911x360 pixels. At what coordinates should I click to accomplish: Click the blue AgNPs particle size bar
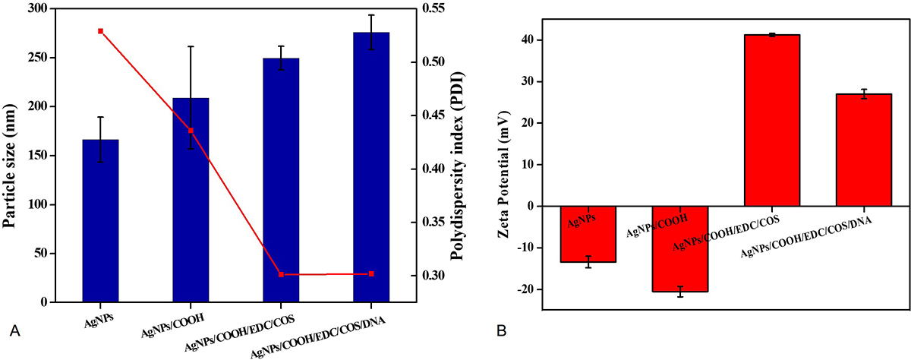click(x=100, y=220)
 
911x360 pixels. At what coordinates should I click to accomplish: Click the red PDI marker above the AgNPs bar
click(x=100, y=31)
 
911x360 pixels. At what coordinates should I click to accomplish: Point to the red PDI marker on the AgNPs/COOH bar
click(x=191, y=131)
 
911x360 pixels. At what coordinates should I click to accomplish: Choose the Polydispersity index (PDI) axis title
click(x=458, y=156)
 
